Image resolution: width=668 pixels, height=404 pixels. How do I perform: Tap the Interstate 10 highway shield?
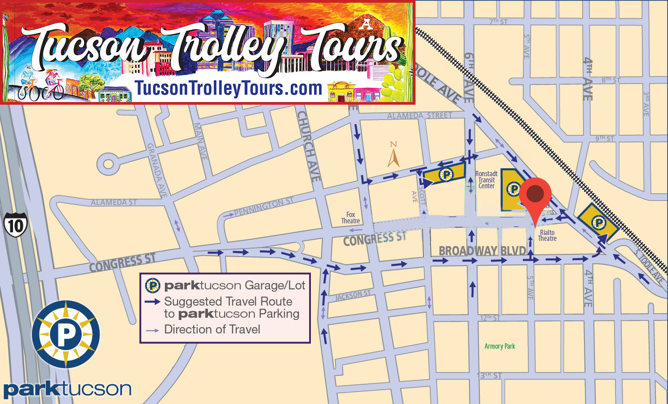(16, 225)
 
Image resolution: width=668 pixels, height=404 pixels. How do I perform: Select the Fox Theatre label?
(350, 218)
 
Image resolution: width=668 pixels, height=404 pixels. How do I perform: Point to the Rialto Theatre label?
(547, 235)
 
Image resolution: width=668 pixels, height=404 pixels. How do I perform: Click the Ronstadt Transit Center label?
(487, 180)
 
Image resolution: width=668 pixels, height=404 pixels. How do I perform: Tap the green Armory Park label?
(500, 346)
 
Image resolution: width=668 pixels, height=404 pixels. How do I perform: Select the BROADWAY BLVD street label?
(482, 251)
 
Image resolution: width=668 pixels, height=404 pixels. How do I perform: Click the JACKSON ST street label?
(353, 295)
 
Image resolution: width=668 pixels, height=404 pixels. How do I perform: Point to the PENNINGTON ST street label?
(264, 206)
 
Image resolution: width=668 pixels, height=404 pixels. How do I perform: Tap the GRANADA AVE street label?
(157, 170)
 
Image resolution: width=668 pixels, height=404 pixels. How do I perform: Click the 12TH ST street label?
(490, 318)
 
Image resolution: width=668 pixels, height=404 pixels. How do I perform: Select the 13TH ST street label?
(489, 375)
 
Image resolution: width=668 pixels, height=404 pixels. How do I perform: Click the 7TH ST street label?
(498, 22)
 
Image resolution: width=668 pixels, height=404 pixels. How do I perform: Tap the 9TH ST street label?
(604, 138)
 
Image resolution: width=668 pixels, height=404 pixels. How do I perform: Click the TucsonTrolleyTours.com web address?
(229, 88)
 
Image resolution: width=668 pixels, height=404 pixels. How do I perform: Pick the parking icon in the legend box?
(153, 285)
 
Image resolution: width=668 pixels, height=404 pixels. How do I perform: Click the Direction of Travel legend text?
(212, 329)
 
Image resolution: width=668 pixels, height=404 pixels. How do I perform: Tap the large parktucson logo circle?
(66, 334)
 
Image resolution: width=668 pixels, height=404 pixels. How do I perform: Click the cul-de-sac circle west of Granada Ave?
(108, 164)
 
